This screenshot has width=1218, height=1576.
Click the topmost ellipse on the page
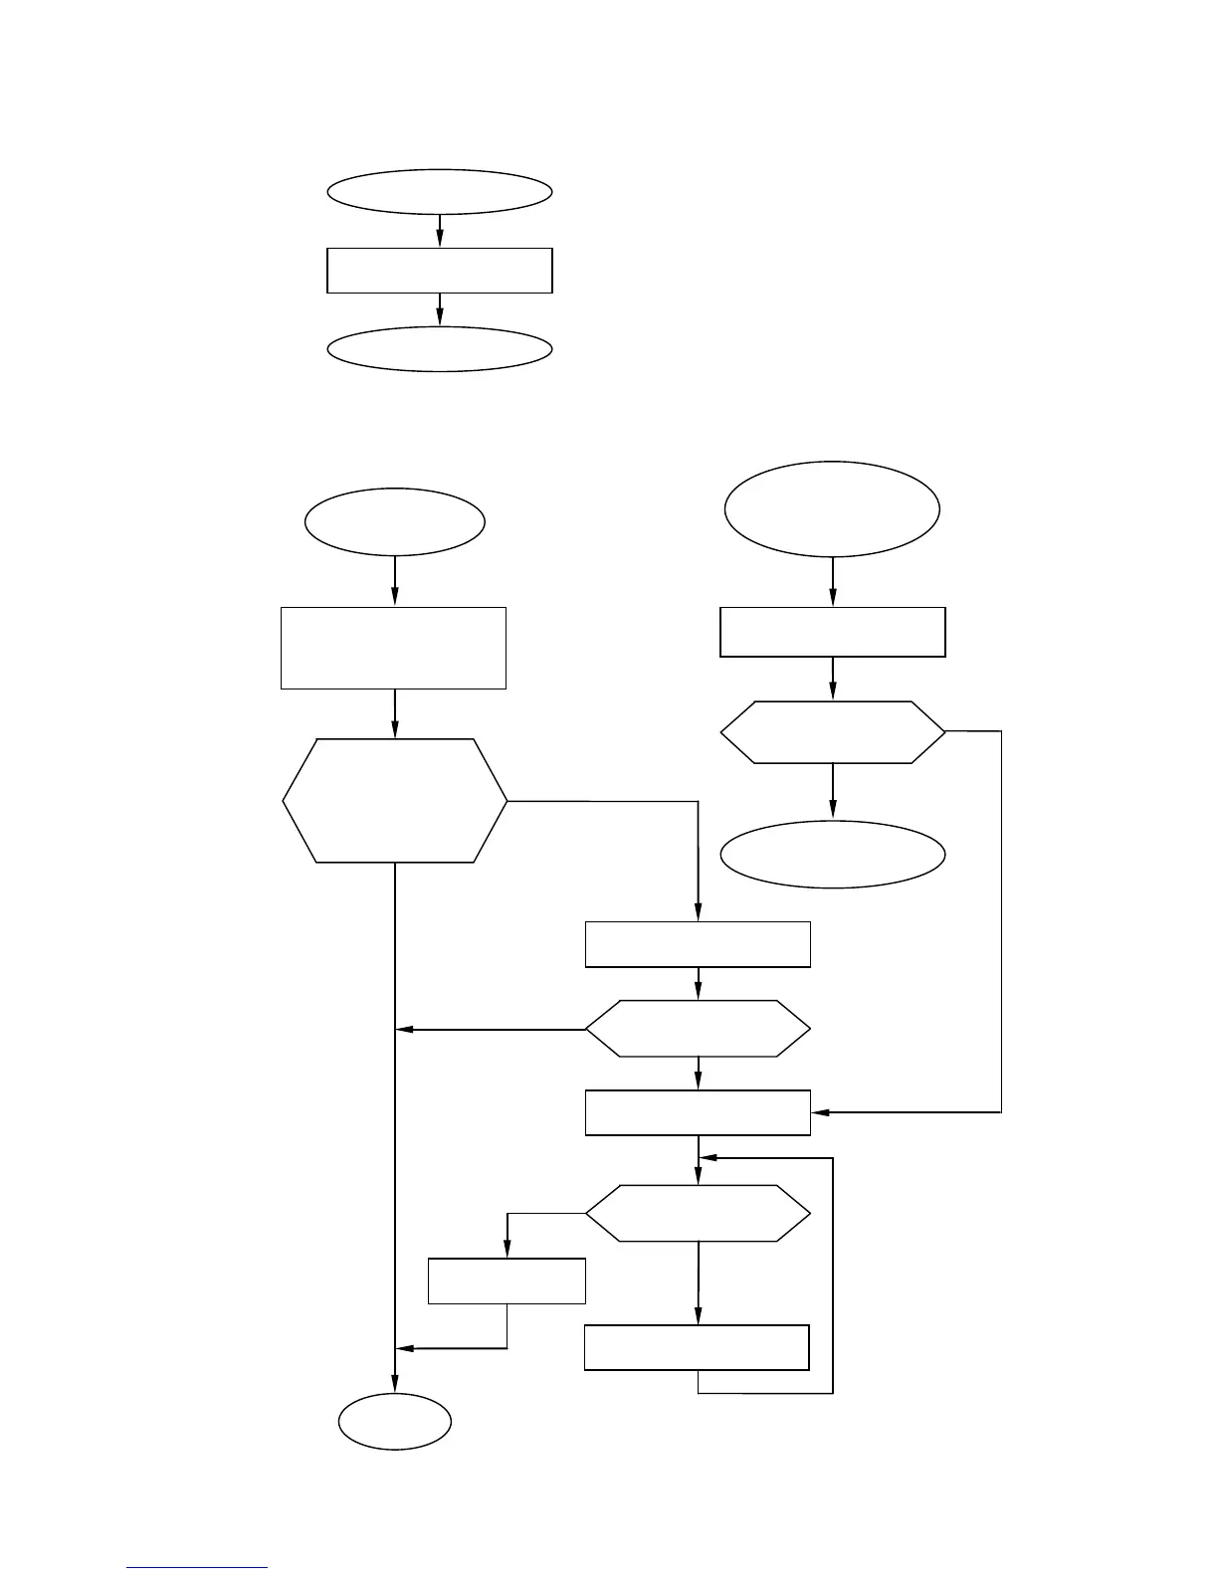pos(439,192)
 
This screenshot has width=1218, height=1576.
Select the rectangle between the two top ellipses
pos(439,271)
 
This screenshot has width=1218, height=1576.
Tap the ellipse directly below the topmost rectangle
pos(439,349)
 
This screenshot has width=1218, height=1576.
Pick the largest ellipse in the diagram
pos(832,508)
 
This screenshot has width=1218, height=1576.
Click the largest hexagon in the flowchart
pos(395,801)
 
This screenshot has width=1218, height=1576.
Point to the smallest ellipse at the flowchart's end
pos(395,1422)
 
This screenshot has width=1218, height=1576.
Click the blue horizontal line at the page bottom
pos(197,1568)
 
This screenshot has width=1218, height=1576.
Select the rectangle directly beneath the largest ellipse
pos(832,632)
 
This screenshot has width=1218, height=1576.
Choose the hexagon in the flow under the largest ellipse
pos(832,732)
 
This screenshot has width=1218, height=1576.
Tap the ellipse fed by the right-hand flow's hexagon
pos(832,854)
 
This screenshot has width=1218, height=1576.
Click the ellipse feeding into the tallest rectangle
pos(395,521)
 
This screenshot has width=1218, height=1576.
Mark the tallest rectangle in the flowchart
pos(394,648)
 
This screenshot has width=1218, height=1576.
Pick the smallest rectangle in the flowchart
pos(507,1280)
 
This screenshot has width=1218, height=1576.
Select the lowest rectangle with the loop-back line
pos(697,1347)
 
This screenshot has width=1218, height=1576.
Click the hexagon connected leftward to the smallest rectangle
pos(698,1213)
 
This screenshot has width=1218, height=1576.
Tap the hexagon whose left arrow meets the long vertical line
pos(698,1029)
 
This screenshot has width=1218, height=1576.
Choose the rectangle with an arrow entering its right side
pos(698,1112)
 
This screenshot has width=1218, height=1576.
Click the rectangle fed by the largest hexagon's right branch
pos(698,944)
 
